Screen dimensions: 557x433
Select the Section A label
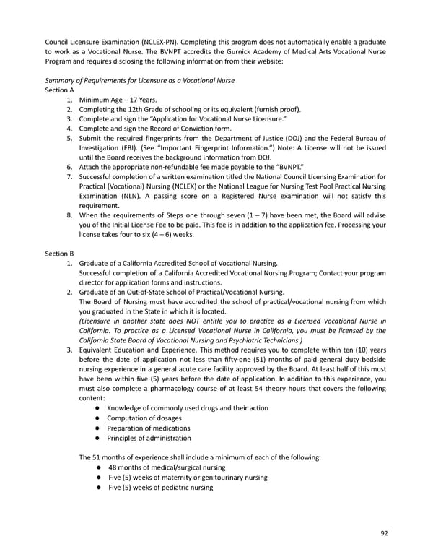click(x=60, y=90)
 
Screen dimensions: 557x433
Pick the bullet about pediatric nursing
click(x=160, y=487)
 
